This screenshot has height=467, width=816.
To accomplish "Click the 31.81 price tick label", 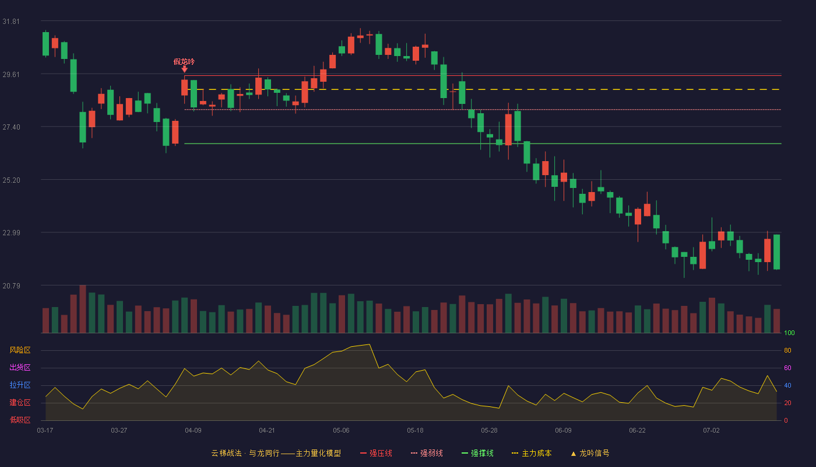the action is click(11, 22).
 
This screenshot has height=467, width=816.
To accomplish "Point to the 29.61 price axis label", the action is click(11, 75).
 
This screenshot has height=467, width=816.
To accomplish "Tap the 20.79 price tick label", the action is click(11, 285).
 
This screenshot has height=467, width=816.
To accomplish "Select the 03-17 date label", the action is click(45, 431).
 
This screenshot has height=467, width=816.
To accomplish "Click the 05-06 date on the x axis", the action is click(341, 431).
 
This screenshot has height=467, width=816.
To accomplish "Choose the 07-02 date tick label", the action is click(711, 431).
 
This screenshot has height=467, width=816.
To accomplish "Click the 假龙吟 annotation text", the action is click(184, 62).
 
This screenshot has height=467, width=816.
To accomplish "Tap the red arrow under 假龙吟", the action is click(185, 69).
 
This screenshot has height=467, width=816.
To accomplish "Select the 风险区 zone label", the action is click(20, 350).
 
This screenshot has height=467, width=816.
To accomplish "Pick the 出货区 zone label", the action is click(20, 367).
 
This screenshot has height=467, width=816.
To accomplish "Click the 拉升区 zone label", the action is click(20, 385).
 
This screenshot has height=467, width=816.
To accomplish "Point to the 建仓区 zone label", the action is click(20, 402).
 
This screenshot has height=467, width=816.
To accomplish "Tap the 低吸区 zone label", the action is click(20, 420).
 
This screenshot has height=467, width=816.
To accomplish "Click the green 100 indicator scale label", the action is click(789, 333).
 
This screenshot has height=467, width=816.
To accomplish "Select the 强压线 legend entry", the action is click(376, 453).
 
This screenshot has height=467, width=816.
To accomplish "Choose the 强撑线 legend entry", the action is click(477, 453).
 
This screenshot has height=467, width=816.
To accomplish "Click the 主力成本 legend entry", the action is click(532, 453).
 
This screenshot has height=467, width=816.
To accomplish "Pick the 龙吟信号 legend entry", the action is click(590, 453).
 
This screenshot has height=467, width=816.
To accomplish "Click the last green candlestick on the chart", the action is click(776, 252).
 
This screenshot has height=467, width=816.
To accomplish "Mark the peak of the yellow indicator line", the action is click(370, 344).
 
